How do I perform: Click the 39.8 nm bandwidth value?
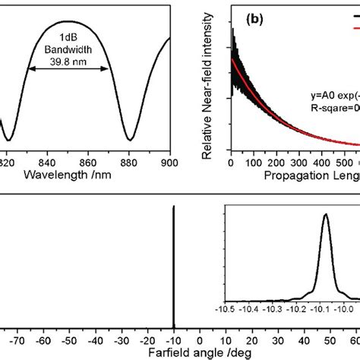coord(69,52)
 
